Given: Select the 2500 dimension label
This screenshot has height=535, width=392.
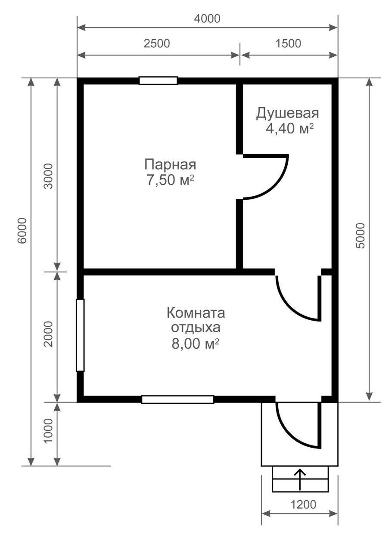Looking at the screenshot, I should (x=158, y=44).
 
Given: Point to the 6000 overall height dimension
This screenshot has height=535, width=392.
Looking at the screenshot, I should (x=22, y=230).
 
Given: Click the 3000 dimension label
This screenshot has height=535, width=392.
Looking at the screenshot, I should (x=48, y=176).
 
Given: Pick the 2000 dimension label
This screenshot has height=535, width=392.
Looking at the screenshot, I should (x=48, y=334).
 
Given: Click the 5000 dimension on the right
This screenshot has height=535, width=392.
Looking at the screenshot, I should (x=361, y=236).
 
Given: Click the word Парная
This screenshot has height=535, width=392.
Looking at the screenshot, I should (x=170, y=164).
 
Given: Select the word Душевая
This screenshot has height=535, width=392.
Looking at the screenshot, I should (x=287, y=114).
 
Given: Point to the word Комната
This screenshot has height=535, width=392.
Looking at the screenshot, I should (x=196, y=312).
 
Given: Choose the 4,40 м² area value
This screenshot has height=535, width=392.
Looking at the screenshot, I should (x=289, y=129).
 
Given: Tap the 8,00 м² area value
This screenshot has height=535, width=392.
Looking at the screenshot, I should (x=196, y=343).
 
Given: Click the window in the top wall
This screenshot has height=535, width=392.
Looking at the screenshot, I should (x=158, y=80).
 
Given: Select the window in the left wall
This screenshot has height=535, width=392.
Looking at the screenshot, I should (x=80, y=335).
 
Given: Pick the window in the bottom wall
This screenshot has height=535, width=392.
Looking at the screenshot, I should (x=177, y=399).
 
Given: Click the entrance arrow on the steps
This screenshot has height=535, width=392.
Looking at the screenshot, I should (x=300, y=479).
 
